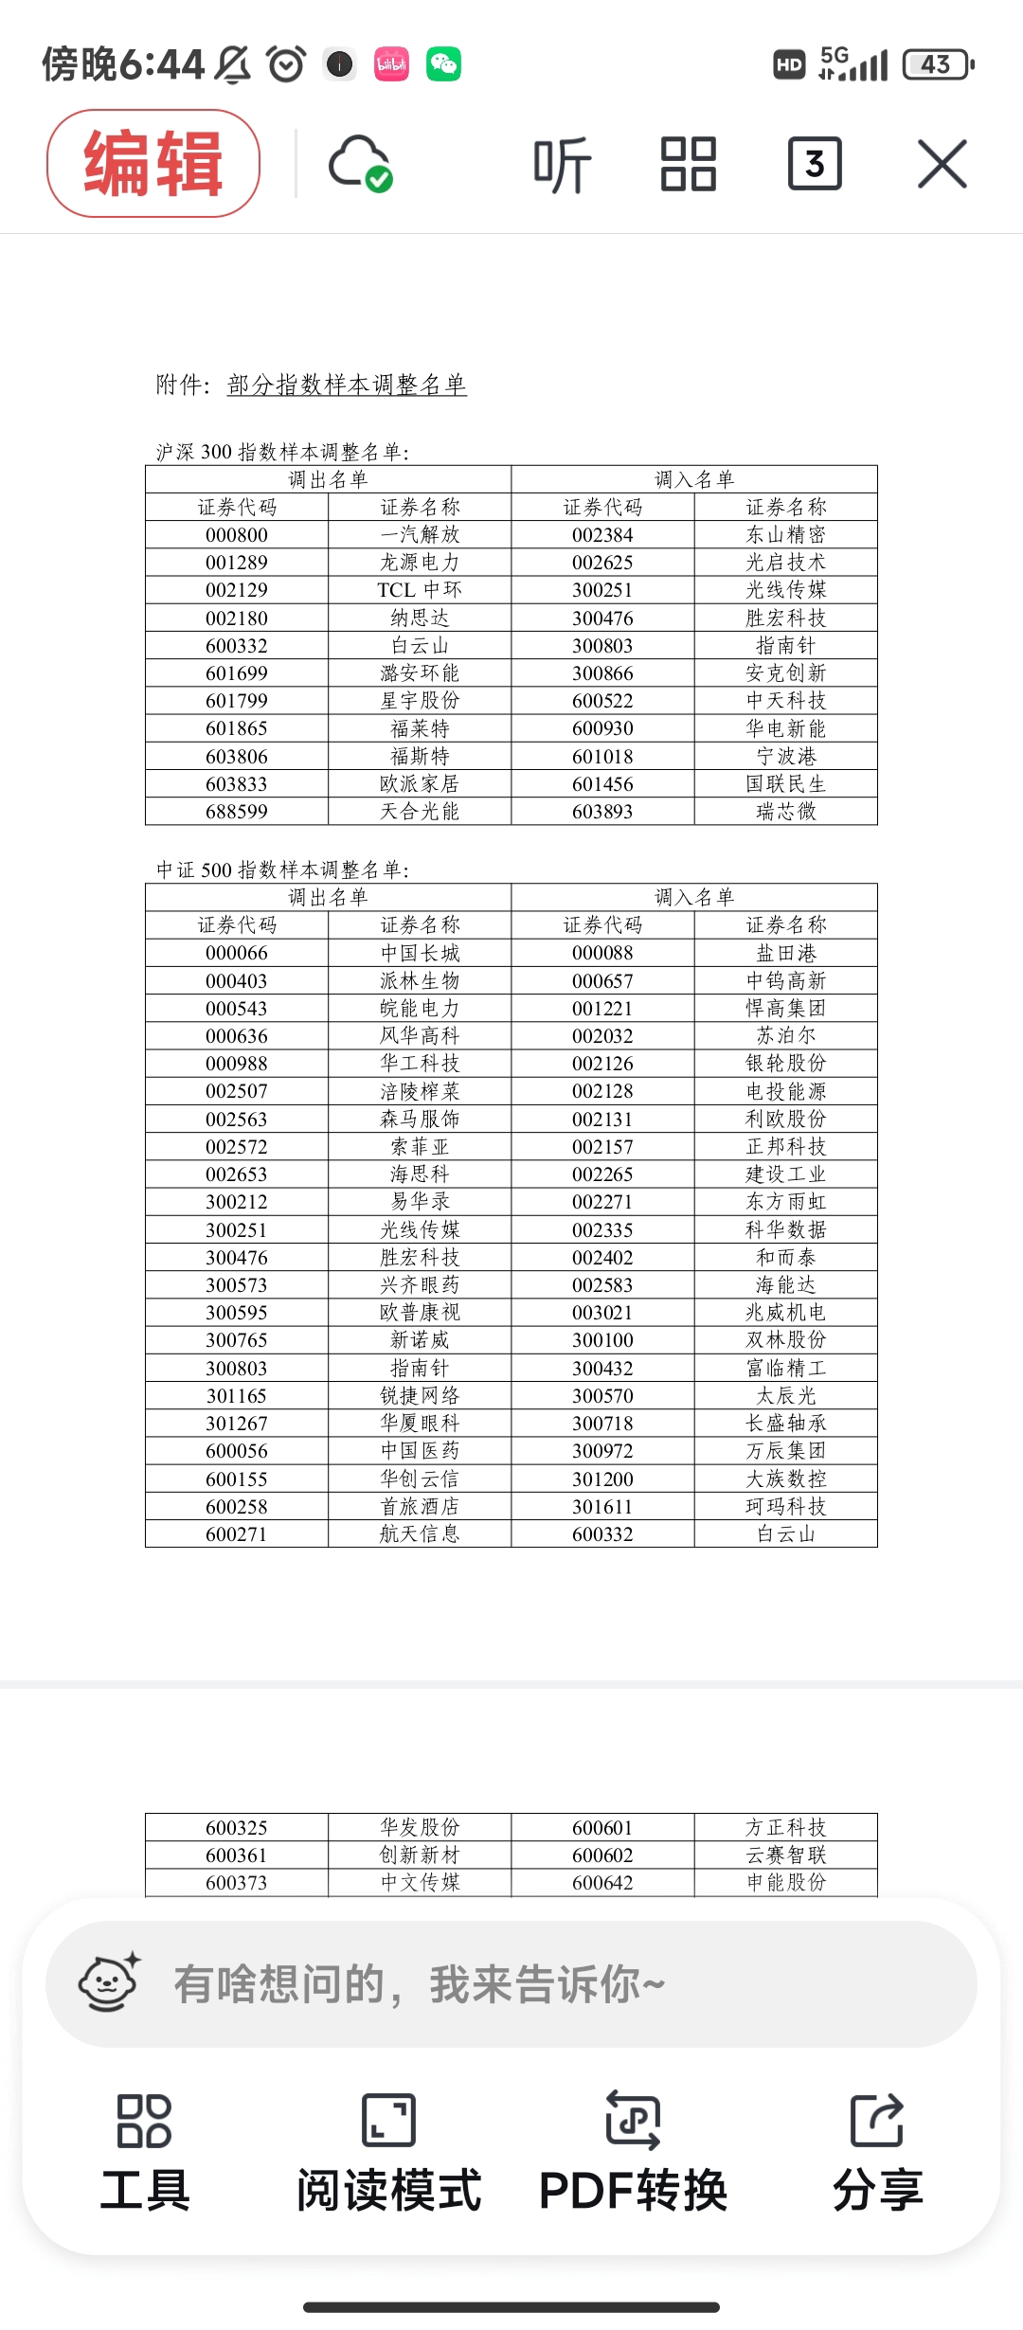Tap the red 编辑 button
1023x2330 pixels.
pos(153,163)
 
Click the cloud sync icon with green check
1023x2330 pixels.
pos(360,164)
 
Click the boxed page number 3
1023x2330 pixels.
pos(815,164)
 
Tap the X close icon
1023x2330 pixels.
pos(942,164)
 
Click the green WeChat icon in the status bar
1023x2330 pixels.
pos(443,64)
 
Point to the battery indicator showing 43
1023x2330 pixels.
pos(937,64)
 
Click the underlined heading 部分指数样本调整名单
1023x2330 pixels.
pos(347,385)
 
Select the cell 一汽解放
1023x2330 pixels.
pos(420,535)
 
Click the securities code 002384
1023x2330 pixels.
pos(602,535)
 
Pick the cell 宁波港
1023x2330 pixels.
pos(786,756)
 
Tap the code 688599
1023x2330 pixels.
pos(237,812)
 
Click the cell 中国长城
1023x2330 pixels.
pos(420,953)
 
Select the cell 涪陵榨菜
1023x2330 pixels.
pos(420,1091)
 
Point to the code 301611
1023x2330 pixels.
pos(602,1506)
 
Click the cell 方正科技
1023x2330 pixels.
pos(786,1827)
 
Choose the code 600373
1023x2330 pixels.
pos(237,1883)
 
